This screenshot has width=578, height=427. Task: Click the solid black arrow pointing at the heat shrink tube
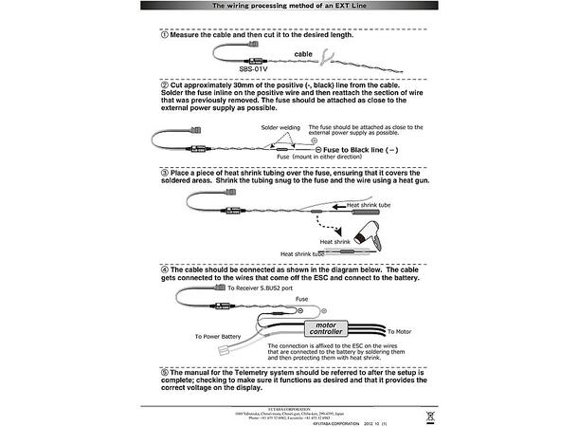(x=334, y=205)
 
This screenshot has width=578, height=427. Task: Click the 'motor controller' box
(x=327, y=328)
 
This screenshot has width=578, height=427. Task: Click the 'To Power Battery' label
(x=218, y=336)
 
